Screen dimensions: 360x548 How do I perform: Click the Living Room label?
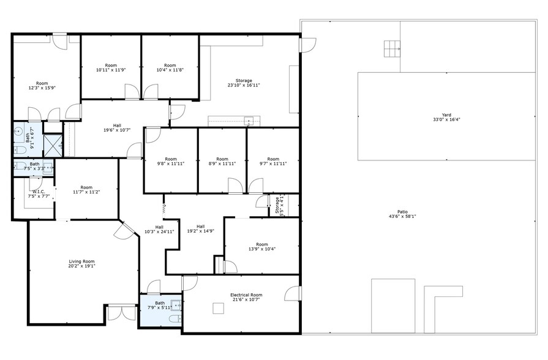point(81,263)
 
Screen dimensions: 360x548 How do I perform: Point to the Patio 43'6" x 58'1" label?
point(402,214)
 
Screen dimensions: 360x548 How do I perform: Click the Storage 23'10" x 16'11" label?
point(244,83)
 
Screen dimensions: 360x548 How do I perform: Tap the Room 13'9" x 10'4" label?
point(262,247)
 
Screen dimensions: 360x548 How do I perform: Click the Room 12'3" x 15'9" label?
point(42,85)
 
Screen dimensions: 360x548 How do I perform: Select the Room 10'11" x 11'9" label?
point(111,68)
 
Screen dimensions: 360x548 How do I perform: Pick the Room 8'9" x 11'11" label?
point(222,162)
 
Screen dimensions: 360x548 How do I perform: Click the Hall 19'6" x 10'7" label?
point(117,127)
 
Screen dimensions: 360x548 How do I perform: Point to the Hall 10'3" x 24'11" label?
point(159,229)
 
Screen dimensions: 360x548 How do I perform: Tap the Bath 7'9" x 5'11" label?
point(160,305)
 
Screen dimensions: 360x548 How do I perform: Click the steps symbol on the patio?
point(391,48)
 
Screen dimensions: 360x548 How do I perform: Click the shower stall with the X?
point(53,144)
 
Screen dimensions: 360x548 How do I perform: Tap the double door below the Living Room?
point(121,312)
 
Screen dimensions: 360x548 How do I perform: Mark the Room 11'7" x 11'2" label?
point(86,190)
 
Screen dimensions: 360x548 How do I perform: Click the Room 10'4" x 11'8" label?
point(170,68)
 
